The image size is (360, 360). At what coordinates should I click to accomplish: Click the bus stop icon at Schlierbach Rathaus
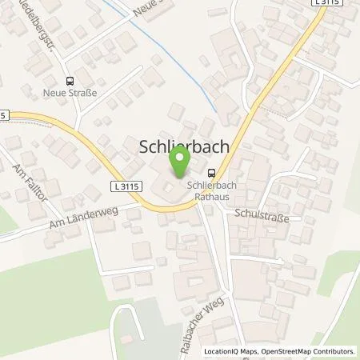pos(212,171)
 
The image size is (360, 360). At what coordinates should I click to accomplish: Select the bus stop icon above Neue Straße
pos(70,80)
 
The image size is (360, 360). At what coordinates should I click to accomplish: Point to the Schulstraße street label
pos(261,216)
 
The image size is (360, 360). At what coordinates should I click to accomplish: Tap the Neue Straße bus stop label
pos(70,93)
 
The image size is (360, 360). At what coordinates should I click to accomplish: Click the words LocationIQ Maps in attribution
pos(232,351)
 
